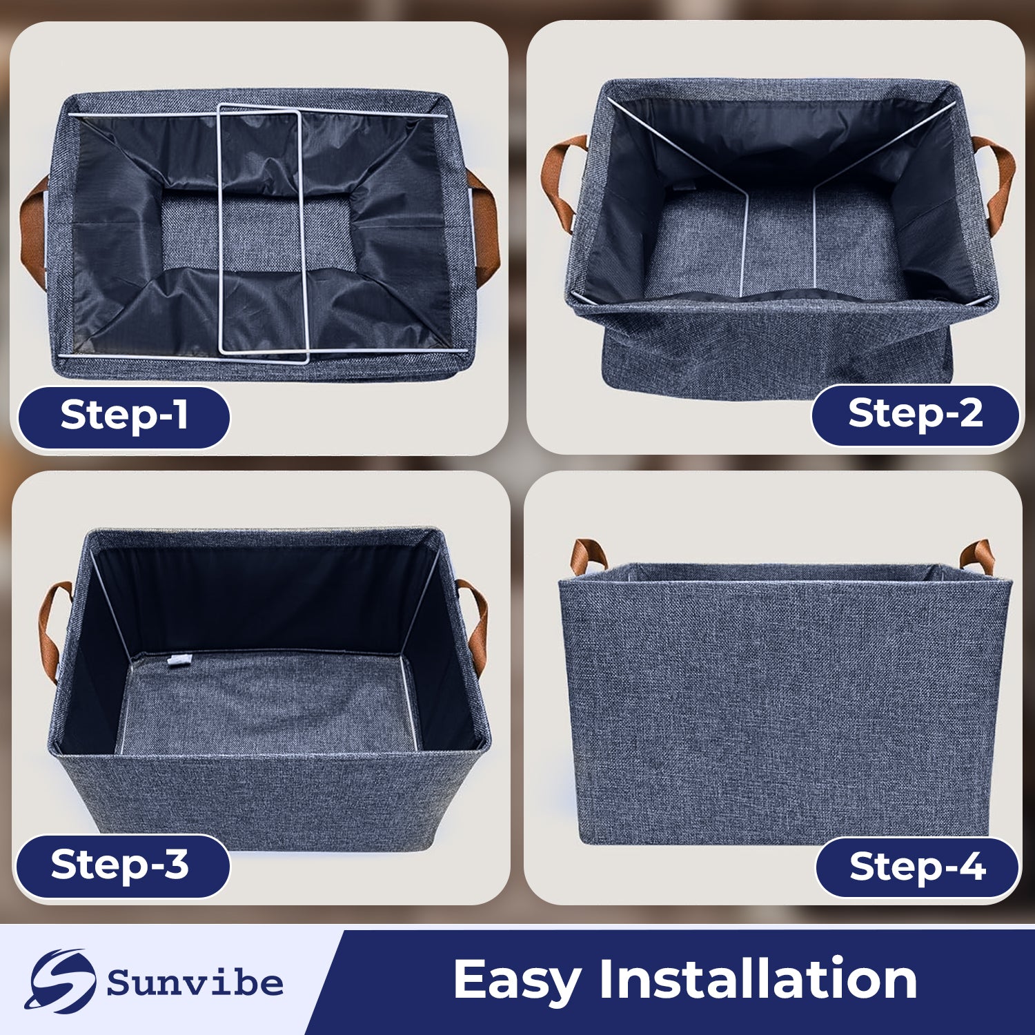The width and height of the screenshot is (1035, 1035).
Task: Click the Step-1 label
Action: [x=124, y=417]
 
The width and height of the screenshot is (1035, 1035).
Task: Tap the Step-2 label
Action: [x=915, y=415]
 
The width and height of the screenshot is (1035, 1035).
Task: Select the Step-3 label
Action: [x=122, y=865]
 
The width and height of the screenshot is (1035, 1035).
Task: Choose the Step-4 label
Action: [x=917, y=867]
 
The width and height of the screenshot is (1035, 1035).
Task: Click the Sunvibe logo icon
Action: [x=60, y=980]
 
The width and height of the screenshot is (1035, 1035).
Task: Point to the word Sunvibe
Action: [x=195, y=983]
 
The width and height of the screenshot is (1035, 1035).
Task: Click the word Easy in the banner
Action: [x=516, y=980]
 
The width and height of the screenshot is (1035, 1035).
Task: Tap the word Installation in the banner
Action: [x=758, y=978]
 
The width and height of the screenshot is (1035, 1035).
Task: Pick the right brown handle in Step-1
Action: [x=485, y=228]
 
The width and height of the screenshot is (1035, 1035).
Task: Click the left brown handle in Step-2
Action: [x=560, y=181]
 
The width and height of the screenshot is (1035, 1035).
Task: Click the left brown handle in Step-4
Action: [x=586, y=556]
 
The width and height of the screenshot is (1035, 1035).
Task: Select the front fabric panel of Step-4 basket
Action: [x=787, y=711]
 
